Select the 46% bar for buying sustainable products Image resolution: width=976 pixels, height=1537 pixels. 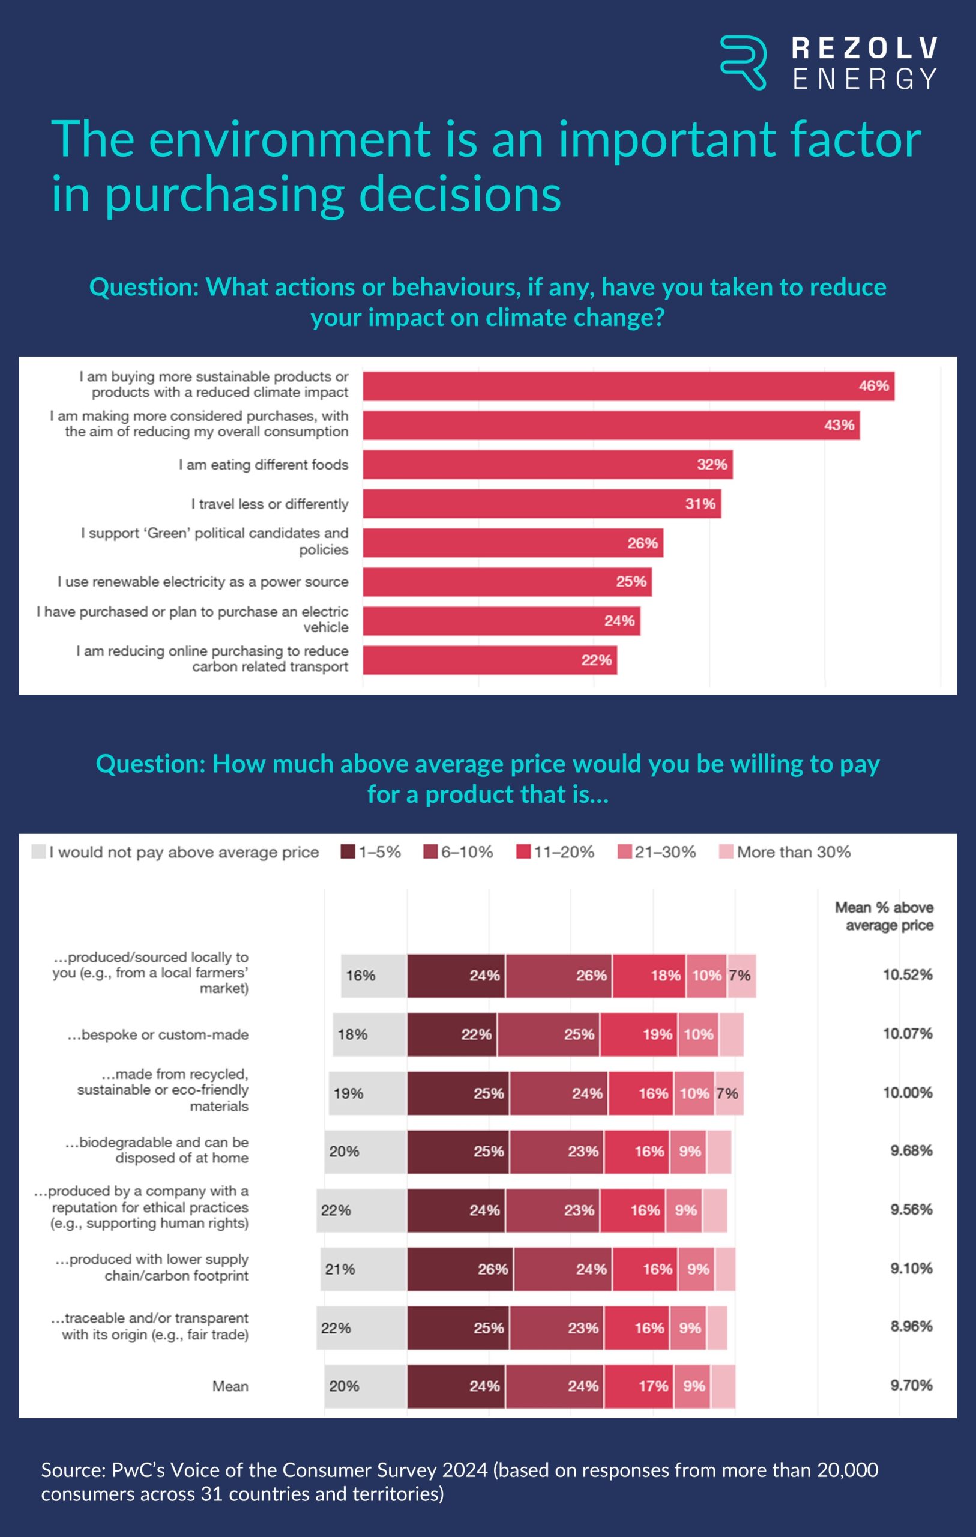pyautogui.click(x=628, y=386)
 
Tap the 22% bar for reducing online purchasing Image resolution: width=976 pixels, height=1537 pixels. pyautogui.click(x=490, y=660)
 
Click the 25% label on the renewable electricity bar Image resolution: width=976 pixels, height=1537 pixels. pyautogui.click(x=631, y=582)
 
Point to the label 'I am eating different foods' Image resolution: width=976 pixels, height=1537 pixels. pyautogui.click(x=263, y=465)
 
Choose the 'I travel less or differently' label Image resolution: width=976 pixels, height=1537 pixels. pyautogui.click(x=270, y=504)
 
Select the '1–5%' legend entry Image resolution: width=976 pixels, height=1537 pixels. pyautogui.click(x=371, y=852)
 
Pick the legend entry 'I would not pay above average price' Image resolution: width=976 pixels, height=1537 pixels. pyautogui.click(x=175, y=852)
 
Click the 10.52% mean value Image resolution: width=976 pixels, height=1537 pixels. pyautogui.click(x=907, y=974)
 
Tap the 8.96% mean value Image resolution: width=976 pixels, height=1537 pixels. pyautogui.click(x=911, y=1326)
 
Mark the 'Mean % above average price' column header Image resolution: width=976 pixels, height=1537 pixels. pyautogui.click(x=884, y=916)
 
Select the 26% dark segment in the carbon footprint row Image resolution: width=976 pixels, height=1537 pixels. pyautogui.click(x=460, y=1269)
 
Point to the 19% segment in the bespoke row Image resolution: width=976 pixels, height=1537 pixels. pyautogui.click(x=638, y=1034)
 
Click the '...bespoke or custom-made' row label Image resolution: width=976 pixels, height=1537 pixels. pyautogui.click(x=158, y=1034)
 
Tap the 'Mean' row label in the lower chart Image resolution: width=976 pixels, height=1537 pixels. pyautogui.click(x=230, y=1386)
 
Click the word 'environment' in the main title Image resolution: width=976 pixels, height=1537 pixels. pyautogui.click(x=290, y=139)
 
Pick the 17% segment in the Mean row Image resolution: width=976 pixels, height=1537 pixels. pyautogui.click(x=639, y=1386)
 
